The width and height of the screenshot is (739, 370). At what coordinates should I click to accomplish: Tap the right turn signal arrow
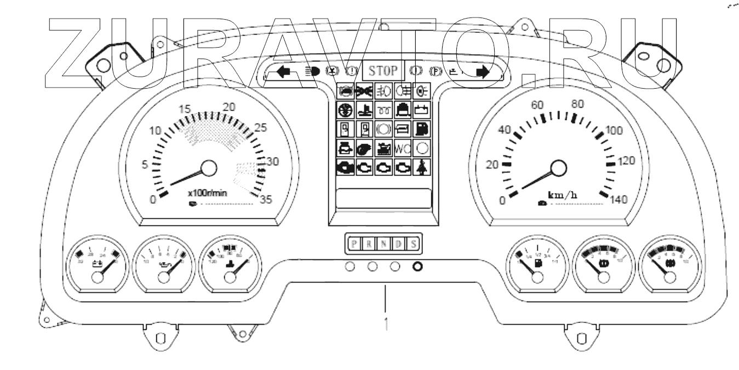click(x=483, y=72)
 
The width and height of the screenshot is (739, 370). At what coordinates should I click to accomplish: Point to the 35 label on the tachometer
click(x=266, y=200)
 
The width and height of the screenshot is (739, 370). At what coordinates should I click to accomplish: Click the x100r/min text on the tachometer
click(x=207, y=193)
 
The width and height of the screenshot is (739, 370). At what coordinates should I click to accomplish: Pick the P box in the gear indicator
click(x=354, y=244)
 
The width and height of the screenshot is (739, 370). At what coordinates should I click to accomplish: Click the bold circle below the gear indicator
click(x=417, y=267)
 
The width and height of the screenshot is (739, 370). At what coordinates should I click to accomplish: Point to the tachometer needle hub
click(x=209, y=168)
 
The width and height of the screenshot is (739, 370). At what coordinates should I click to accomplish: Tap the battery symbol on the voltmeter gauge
click(x=98, y=267)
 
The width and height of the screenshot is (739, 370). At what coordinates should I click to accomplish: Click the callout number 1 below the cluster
click(x=386, y=321)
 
